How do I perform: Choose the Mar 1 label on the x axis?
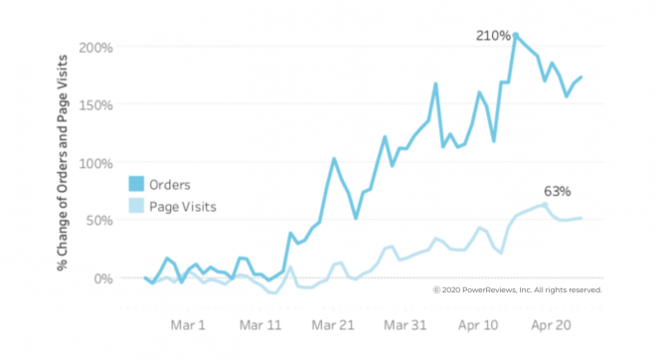(x=188, y=325)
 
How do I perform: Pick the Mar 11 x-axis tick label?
(x=261, y=325)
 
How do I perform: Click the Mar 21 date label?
(x=333, y=325)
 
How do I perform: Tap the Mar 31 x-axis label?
(x=406, y=325)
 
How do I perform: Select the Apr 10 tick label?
(x=477, y=325)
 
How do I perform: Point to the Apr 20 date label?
(x=549, y=325)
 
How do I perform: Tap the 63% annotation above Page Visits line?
(x=556, y=190)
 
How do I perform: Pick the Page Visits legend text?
(x=184, y=207)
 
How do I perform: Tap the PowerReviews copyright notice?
(x=517, y=290)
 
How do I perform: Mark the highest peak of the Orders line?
(x=515, y=34)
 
